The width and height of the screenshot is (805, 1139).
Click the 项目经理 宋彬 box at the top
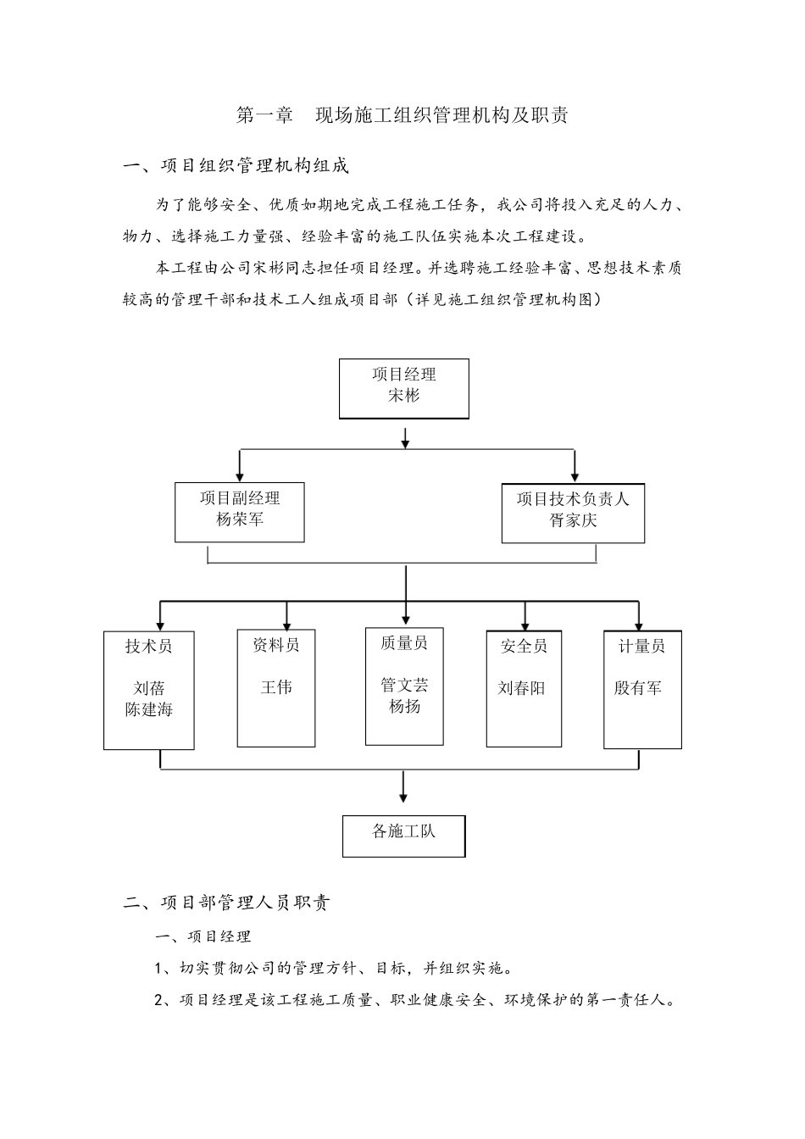(403, 388)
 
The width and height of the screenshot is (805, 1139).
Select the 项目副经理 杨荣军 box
(239, 512)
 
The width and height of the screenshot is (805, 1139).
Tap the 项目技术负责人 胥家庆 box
(573, 513)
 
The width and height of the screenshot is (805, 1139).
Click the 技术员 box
(149, 690)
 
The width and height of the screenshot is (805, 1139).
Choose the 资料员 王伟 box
(276, 688)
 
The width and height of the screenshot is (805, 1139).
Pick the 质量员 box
(404, 686)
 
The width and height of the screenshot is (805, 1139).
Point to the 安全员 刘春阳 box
(524, 689)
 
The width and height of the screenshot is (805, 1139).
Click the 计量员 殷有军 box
(642, 689)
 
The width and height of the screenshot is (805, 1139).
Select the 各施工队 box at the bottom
(403, 836)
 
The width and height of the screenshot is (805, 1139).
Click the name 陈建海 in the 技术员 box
(149, 710)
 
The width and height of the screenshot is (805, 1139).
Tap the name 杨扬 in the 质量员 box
(404, 706)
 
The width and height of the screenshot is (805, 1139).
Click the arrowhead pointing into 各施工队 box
(403, 797)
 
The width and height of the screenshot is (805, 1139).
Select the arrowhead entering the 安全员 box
(525, 625)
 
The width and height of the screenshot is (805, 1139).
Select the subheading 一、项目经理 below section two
(203, 936)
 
